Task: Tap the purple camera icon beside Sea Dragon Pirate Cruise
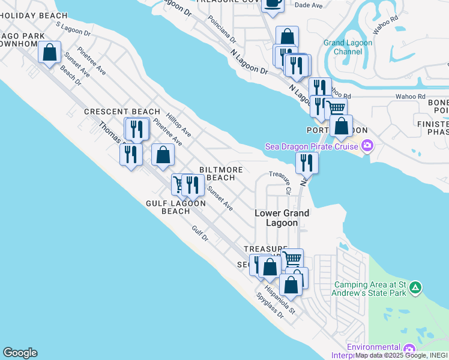click(x=367, y=146)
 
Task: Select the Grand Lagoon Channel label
click(x=348, y=47)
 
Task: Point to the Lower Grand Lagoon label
click(x=282, y=218)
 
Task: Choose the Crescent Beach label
click(x=122, y=112)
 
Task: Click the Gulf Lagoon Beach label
click(x=176, y=207)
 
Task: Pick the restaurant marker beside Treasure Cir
click(x=306, y=162)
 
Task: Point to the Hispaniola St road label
click(x=280, y=298)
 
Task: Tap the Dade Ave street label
click(x=310, y=5)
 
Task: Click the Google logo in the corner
click(x=20, y=353)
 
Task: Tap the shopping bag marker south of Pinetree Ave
click(x=163, y=155)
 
